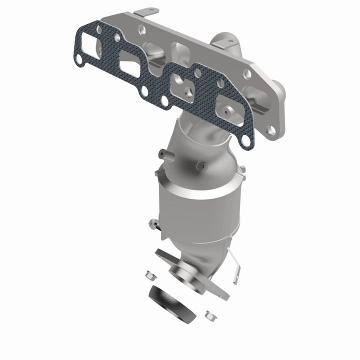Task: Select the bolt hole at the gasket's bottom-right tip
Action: [x=245, y=142]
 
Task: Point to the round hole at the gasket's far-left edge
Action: [x=79, y=61]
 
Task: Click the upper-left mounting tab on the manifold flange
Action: [x=148, y=11]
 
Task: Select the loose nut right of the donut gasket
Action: [x=208, y=315]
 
